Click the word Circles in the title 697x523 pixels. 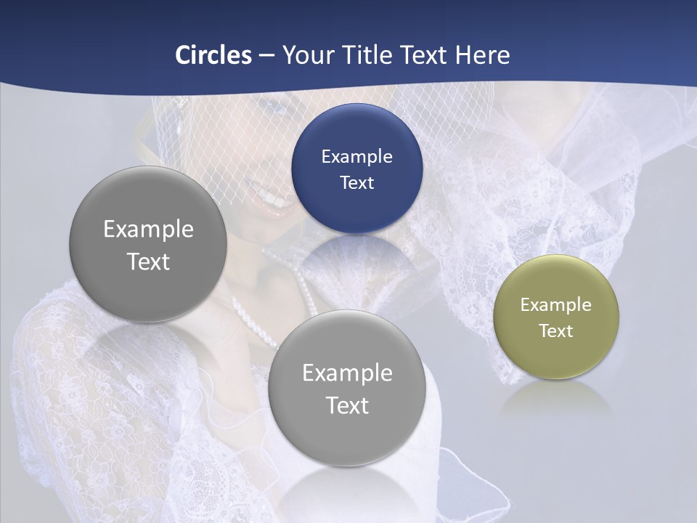pyautogui.click(x=213, y=55)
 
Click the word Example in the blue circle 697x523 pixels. pyautogui.click(x=356, y=156)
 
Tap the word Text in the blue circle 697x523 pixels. pyautogui.click(x=356, y=182)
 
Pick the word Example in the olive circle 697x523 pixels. pyautogui.click(x=556, y=305)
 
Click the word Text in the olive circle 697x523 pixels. pyautogui.click(x=556, y=331)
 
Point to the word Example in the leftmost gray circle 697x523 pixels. pyautogui.click(x=148, y=230)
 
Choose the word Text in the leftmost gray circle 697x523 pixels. pyautogui.click(x=148, y=261)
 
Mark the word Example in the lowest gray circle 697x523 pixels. pyautogui.click(x=347, y=373)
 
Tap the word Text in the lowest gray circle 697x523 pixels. pyautogui.click(x=347, y=405)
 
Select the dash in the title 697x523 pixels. pyautogui.click(x=266, y=55)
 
